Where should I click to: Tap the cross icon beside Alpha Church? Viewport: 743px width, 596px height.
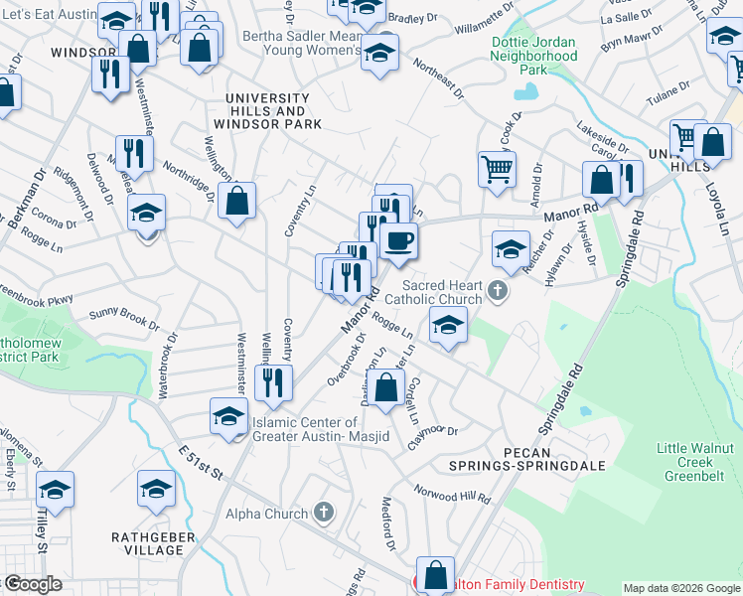click(x=322, y=513)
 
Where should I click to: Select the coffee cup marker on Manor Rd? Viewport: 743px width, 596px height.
click(x=399, y=241)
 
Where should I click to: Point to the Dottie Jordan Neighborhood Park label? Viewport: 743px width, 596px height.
click(x=533, y=57)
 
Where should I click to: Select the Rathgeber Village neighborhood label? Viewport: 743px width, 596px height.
click(x=144, y=543)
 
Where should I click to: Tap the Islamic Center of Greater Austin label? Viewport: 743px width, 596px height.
click(x=319, y=430)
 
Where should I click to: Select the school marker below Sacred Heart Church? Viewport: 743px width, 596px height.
click(x=448, y=325)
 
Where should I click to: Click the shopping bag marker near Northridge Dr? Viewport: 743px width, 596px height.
click(x=237, y=202)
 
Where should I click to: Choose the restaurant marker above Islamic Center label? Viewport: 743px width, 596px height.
click(x=272, y=383)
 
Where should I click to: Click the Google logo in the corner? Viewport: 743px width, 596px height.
click(x=32, y=584)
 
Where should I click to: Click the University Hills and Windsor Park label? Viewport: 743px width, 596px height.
click(x=273, y=111)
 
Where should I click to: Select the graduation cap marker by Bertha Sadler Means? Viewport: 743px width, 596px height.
click(x=379, y=53)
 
